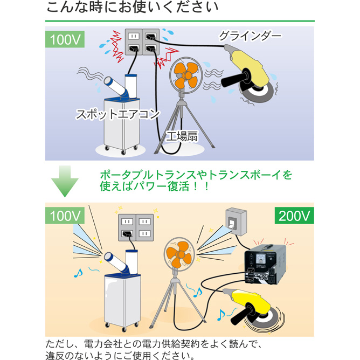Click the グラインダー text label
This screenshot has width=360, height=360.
[250, 36]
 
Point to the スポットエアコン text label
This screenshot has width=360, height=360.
[117, 114]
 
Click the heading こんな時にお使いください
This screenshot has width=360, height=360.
[132, 8]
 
